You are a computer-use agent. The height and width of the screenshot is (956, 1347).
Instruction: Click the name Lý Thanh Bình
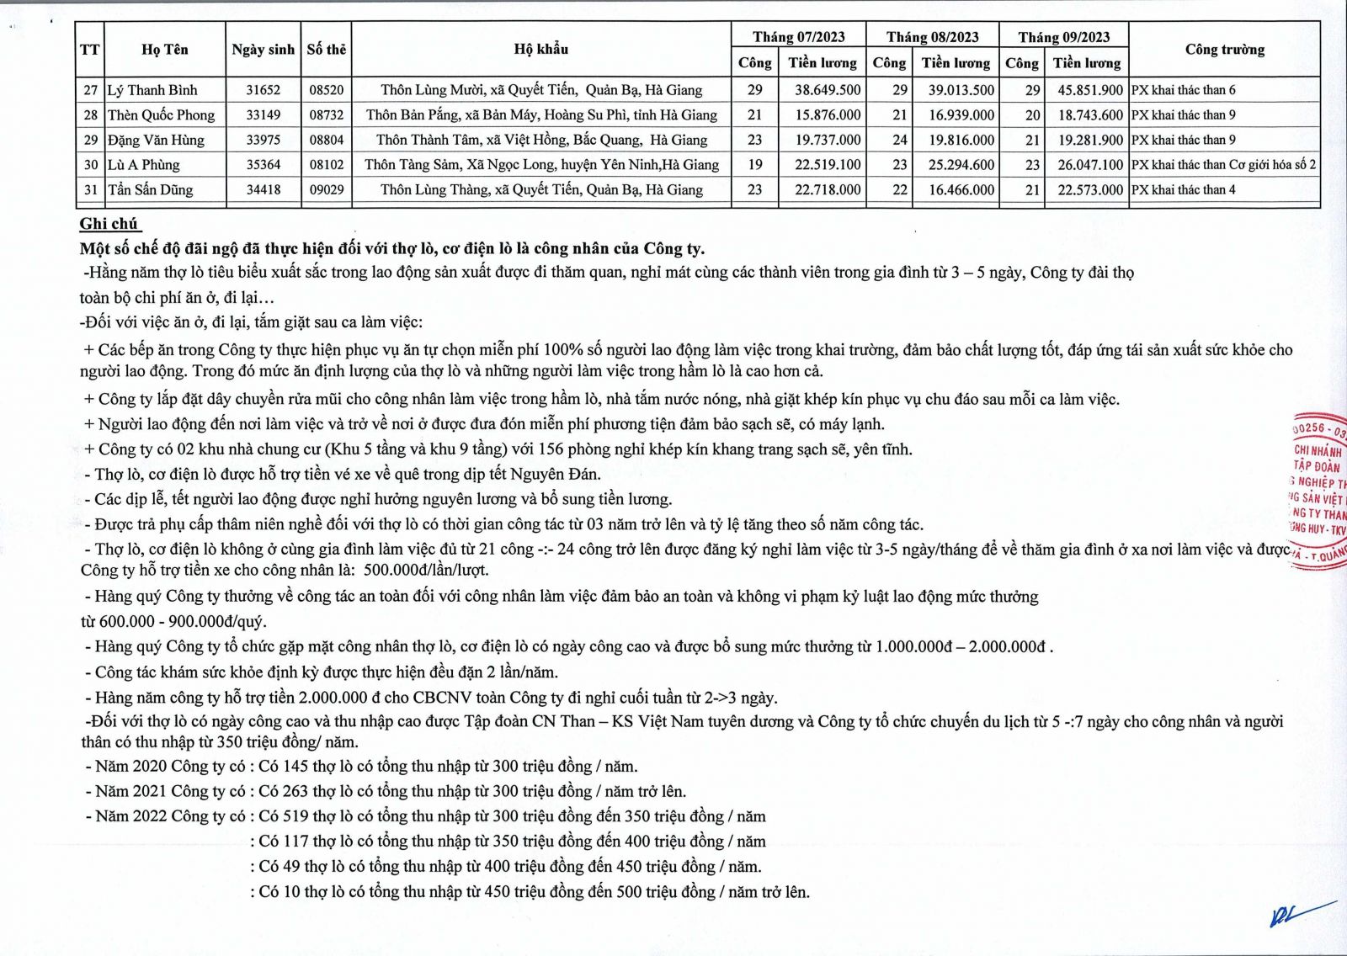[152, 90]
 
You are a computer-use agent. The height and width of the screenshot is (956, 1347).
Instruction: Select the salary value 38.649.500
[827, 90]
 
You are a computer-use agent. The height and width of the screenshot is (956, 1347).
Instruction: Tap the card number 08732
[327, 115]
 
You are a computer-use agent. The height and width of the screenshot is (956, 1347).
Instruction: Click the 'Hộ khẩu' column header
[540, 50]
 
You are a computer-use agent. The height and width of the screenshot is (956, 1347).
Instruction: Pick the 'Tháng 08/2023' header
[932, 37]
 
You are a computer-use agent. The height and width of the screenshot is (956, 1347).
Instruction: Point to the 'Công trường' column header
[1224, 50]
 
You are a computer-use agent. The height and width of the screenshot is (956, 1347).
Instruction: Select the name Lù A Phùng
[144, 165]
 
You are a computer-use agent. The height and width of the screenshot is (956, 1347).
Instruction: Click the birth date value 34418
[264, 190]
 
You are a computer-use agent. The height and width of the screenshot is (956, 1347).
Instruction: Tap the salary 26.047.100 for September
[1089, 165]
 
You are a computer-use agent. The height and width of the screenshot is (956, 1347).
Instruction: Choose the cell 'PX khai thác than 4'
[1183, 190]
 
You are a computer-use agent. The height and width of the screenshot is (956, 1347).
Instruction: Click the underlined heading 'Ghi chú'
[109, 224]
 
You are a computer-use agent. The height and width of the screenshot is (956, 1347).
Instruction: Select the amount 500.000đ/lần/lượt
[426, 571]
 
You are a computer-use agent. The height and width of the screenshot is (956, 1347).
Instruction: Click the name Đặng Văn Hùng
[156, 141]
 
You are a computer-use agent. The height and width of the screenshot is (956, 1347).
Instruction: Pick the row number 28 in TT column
[90, 115]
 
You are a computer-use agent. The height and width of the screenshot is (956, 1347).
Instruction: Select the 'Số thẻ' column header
[327, 50]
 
